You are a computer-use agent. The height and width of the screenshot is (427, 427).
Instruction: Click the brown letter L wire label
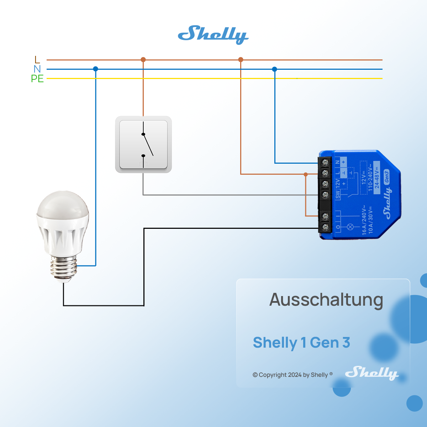pos(37,59)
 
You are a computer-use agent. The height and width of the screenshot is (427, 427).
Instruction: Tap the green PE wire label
pos(37,79)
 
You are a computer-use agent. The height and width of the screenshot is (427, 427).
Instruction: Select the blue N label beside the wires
pos(37,69)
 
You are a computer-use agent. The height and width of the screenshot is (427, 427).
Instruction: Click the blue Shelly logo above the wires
pos(213,35)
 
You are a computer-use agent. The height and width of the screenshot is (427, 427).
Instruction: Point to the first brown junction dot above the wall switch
pos(143,59)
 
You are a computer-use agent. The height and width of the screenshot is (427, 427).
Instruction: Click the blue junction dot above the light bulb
pos(95,69)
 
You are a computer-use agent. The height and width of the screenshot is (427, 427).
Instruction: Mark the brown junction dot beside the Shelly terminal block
pos(306,174)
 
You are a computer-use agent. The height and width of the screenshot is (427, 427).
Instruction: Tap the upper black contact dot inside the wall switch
pos(143,134)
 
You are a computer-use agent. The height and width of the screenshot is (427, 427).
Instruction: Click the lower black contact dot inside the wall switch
pos(143,156)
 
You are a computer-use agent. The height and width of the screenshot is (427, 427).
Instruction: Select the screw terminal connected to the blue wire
pos(325,163)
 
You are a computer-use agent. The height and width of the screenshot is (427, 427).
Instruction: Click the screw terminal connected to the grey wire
pos(325,195)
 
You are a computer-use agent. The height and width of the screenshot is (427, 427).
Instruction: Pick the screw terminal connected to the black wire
pos(325,227)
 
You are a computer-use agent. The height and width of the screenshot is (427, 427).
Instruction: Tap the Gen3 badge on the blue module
pos(387,177)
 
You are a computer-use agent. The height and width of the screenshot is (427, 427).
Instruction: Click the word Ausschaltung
pos(326,300)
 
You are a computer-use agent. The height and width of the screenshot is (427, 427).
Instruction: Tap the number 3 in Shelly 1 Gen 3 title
pos(346,343)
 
